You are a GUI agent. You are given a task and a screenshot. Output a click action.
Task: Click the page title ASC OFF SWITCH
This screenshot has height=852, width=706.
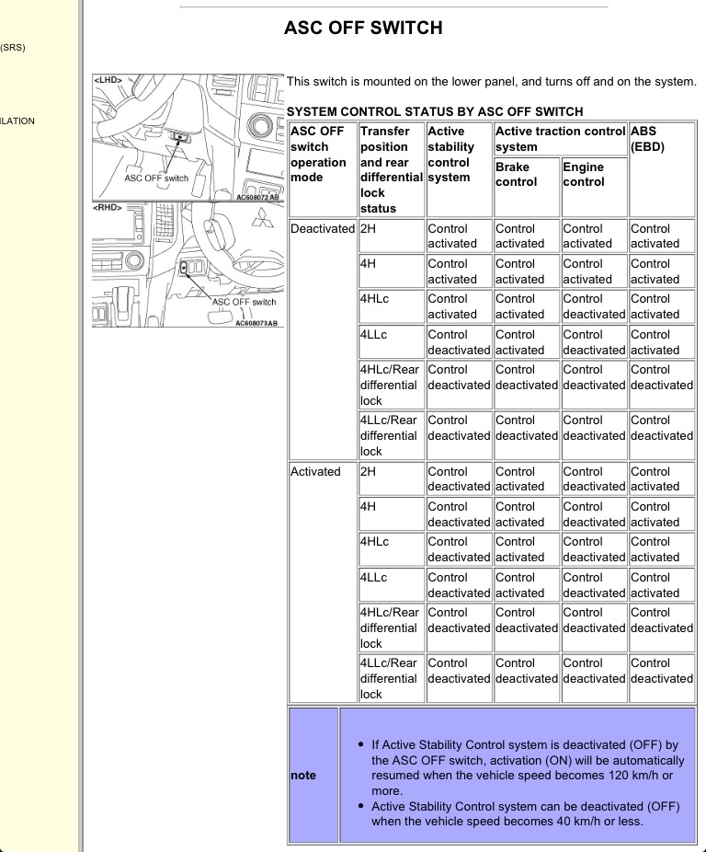tap(365, 28)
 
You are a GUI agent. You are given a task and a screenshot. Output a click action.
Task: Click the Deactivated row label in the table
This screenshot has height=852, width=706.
tap(322, 228)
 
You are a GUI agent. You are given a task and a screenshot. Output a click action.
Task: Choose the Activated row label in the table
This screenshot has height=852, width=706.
tap(315, 471)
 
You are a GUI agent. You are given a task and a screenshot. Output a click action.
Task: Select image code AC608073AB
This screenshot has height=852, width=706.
tap(257, 322)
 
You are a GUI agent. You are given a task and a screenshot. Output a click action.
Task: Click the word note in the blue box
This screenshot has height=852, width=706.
tap(306, 776)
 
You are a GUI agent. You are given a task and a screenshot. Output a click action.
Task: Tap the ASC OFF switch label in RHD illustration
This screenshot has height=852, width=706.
tap(243, 301)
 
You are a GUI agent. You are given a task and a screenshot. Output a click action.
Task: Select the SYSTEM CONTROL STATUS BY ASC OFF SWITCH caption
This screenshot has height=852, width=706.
tap(436, 111)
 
